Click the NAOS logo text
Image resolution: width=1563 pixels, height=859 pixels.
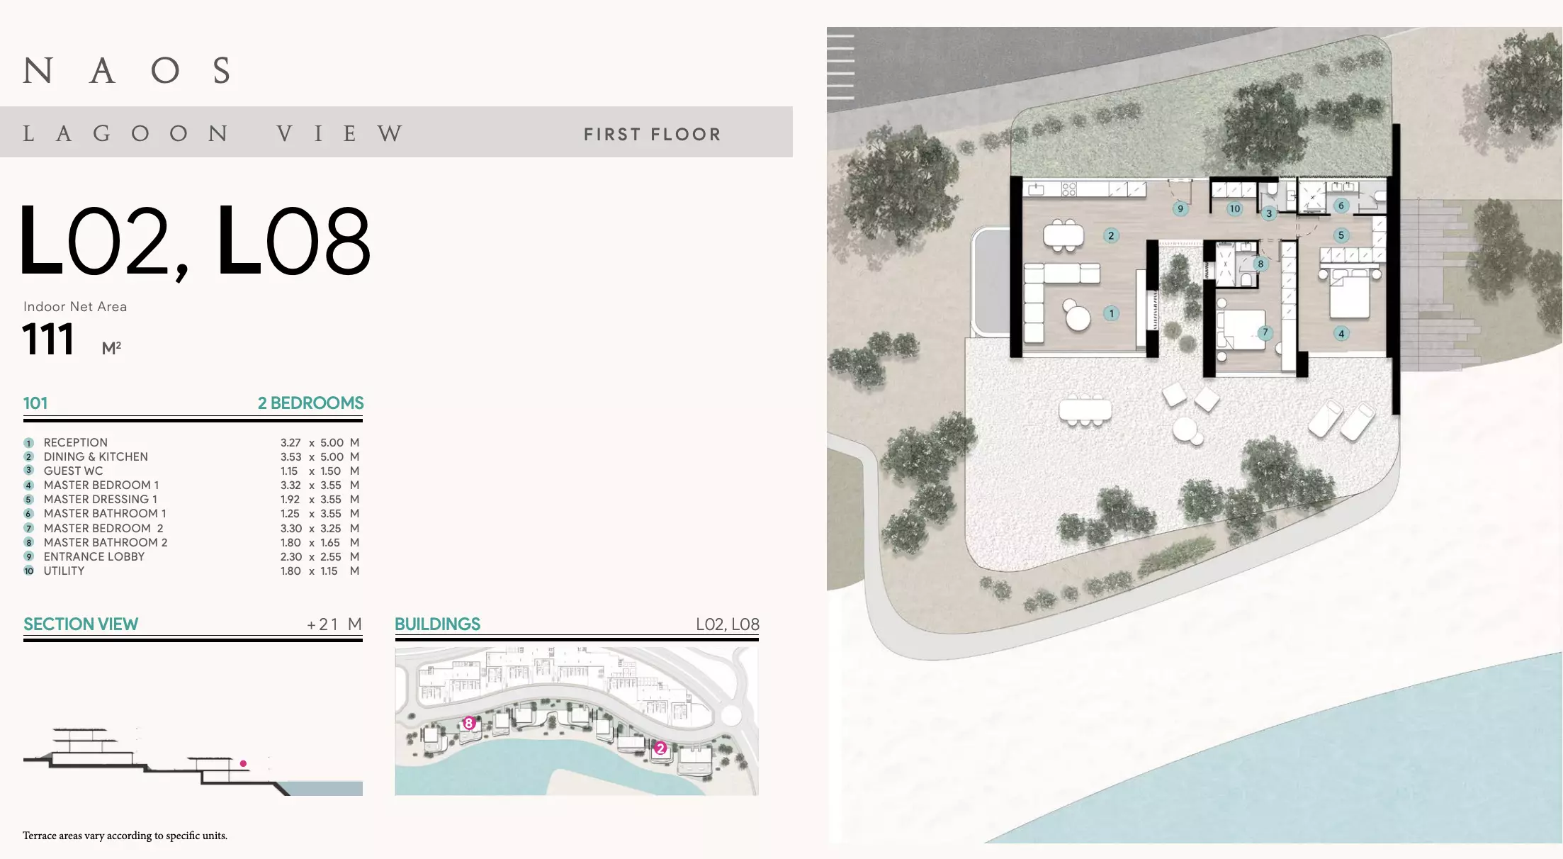[x=128, y=70]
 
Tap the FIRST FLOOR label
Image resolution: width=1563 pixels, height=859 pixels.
[x=652, y=134]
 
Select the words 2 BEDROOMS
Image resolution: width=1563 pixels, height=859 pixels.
[x=310, y=403]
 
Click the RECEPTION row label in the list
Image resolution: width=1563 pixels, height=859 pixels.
[x=76, y=442]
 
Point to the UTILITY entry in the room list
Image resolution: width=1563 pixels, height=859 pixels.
[x=64, y=571]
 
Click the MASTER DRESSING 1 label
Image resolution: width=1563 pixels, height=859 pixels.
[x=101, y=499]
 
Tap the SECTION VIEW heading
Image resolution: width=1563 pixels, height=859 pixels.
[x=81, y=624]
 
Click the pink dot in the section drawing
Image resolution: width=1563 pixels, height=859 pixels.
[x=243, y=763]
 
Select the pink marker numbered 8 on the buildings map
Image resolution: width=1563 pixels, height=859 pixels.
[x=468, y=723]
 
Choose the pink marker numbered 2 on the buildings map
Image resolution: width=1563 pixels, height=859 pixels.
[x=660, y=748]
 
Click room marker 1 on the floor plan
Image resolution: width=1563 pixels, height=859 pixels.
[x=1112, y=313]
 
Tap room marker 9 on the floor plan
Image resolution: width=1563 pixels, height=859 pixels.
[x=1180, y=208]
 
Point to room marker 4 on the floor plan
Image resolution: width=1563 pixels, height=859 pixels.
[x=1341, y=333]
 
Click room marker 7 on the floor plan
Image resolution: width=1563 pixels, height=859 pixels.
[x=1265, y=332]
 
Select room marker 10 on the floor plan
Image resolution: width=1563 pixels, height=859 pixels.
[x=1235, y=208]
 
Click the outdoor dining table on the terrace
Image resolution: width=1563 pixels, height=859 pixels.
[x=1085, y=410]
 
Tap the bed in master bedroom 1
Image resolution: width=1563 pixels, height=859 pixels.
[x=1350, y=294]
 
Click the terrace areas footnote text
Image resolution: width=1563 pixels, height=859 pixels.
[x=125, y=836]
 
